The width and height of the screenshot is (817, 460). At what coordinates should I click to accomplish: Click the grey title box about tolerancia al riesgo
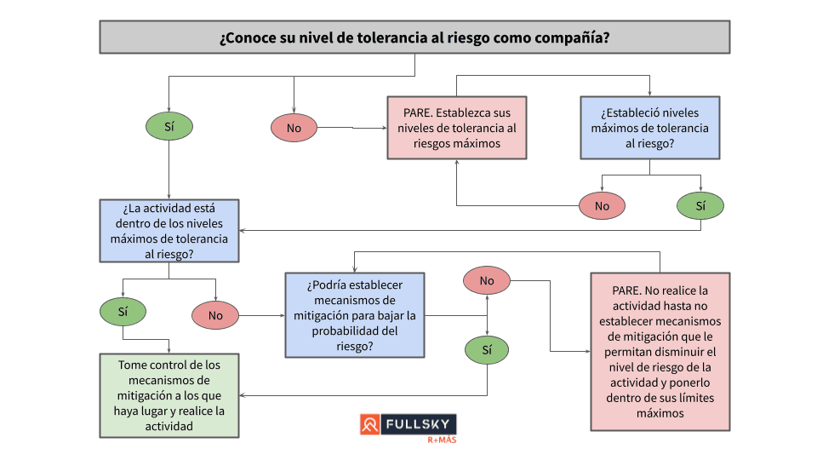tap(414, 37)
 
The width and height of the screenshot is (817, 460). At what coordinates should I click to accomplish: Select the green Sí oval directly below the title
tap(169, 127)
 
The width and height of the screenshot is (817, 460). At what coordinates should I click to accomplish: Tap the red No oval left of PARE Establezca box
tap(294, 128)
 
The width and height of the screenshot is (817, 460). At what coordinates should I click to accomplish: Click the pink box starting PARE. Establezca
tap(456, 128)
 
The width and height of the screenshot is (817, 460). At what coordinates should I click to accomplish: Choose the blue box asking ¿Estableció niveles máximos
tap(649, 128)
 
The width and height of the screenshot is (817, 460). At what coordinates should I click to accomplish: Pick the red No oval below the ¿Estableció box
tap(602, 205)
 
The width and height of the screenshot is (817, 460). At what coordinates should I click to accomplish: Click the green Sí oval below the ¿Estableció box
tap(700, 205)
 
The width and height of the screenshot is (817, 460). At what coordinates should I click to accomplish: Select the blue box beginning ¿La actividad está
tap(169, 230)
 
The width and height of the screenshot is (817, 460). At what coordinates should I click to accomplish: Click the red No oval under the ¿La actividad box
tap(215, 315)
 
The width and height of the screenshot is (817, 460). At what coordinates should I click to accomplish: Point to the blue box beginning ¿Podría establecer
tap(355, 315)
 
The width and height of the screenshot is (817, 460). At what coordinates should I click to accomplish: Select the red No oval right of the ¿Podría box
tap(487, 280)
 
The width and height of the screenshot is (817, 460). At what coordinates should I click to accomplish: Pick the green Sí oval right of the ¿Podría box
tap(487, 349)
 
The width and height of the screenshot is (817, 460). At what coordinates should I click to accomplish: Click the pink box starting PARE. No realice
tap(660, 351)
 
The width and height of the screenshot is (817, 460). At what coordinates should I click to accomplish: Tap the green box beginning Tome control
tap(169, 394)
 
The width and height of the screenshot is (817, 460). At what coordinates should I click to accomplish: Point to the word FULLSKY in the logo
tap(417, 424)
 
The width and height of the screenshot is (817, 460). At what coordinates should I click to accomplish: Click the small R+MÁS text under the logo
tap(442, 441)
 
